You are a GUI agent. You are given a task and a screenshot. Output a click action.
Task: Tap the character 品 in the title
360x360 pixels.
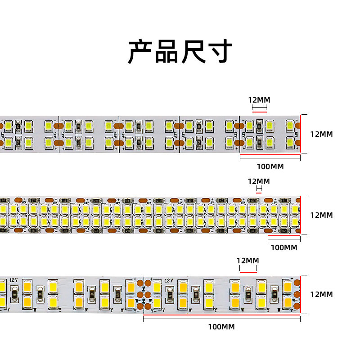(x=167, y=52)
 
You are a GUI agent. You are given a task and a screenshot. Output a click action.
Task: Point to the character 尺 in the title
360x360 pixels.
(x=194, y=52)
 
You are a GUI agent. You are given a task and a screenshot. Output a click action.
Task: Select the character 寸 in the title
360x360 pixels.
(x=220, y=52)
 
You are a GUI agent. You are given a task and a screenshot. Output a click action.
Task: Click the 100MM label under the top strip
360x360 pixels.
(x=270, y=166)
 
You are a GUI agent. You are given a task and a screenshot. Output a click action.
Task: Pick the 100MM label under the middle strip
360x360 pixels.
(x=283, y=247)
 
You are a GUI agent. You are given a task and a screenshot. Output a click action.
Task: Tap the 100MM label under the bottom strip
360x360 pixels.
(x=221, y=326)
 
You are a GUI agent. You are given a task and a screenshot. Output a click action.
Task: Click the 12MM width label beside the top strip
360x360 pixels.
(x=321, y=134)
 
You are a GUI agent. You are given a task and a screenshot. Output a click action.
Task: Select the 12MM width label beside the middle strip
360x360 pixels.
(x=321, y=215)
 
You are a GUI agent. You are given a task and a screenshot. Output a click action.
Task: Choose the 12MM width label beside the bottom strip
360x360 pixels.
(x=321, y=294)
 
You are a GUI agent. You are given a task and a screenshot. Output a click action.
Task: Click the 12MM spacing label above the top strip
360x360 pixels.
(x=259, y=99)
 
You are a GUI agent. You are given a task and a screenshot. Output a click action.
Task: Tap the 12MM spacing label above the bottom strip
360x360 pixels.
(x=248, y=260)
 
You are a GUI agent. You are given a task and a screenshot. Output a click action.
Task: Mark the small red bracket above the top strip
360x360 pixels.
(x=259, y=108)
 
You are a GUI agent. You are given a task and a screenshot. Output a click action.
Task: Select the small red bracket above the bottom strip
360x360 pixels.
(x=248, y=270)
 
